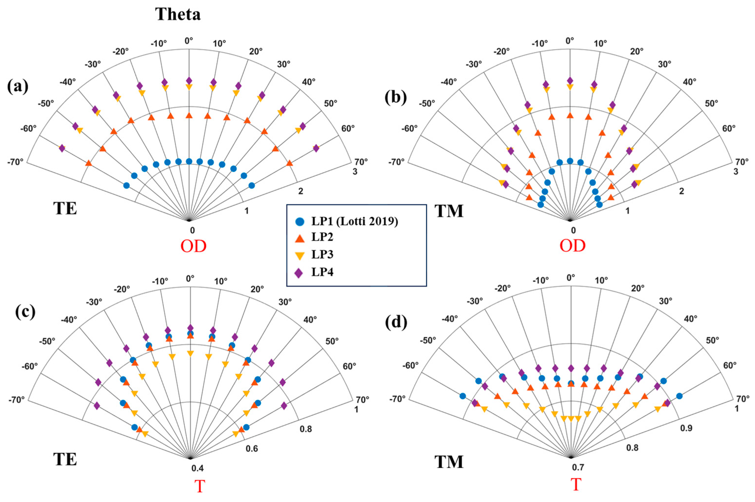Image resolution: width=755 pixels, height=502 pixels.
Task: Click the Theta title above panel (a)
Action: [x=178, y=14]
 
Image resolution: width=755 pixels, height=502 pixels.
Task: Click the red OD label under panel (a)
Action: [x=194, y=246]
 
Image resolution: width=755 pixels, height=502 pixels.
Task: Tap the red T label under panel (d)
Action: [x=576, y=484]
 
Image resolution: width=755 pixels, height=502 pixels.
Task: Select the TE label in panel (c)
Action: [x=65, y=459]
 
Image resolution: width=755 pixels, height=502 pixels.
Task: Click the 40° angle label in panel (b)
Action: [x=689, y=82]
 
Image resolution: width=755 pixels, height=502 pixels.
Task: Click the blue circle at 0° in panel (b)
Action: [x=570, y=161]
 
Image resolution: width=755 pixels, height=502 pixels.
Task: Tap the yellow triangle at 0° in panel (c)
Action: [x=190, y=354]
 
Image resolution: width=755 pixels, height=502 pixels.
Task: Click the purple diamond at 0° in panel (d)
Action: [x=571, y=368]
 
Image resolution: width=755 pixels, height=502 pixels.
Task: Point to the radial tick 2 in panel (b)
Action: [x=681, y=191]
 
